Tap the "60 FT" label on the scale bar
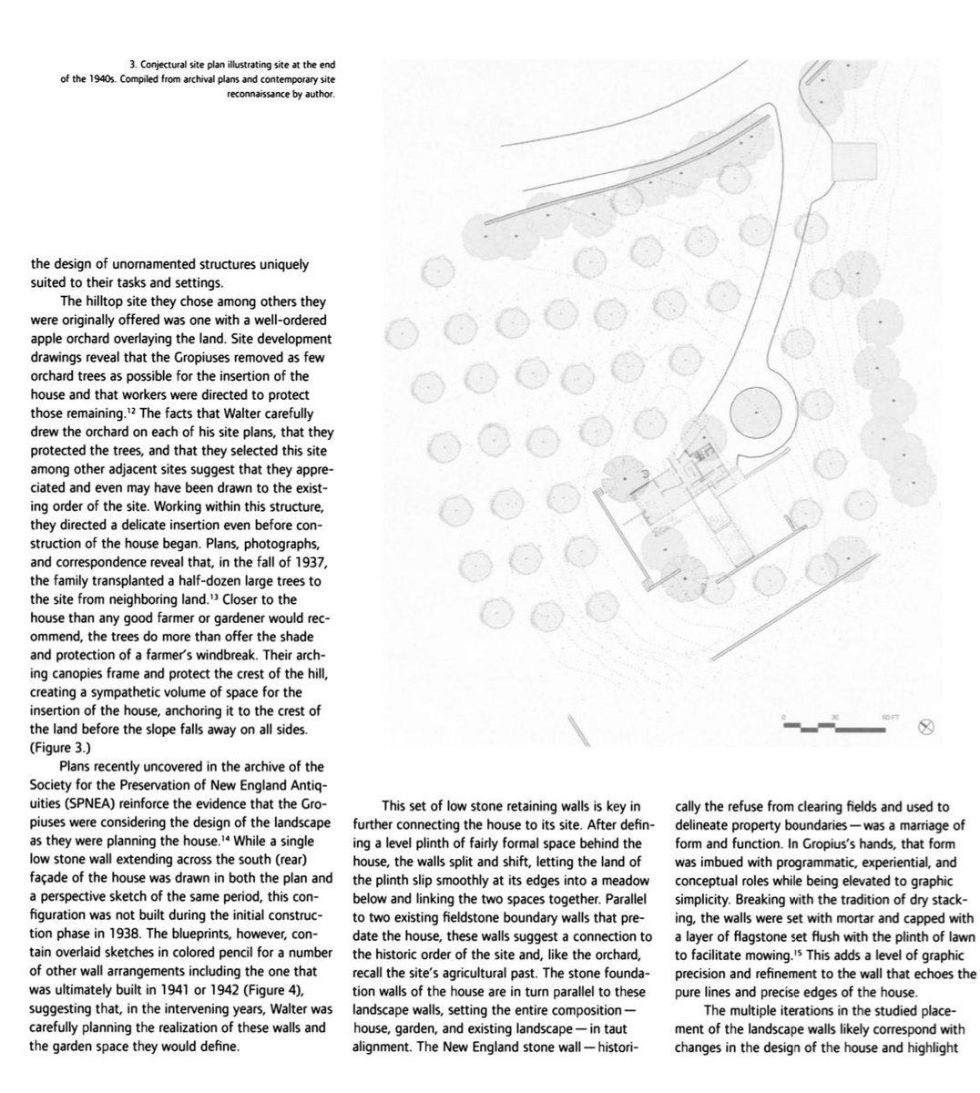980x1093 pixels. [x=890, y=718]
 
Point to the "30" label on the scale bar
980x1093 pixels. [x=833, y=718]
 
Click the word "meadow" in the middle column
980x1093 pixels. [x=621, y=879]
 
